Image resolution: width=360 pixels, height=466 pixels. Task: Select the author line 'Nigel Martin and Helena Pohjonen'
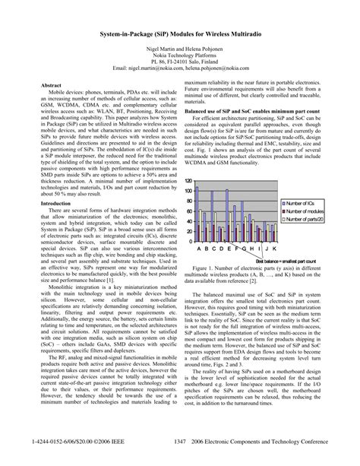(179, 49)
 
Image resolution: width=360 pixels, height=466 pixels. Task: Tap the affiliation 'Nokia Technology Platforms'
(179, 55)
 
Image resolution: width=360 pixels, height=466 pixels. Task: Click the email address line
(179, 68)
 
